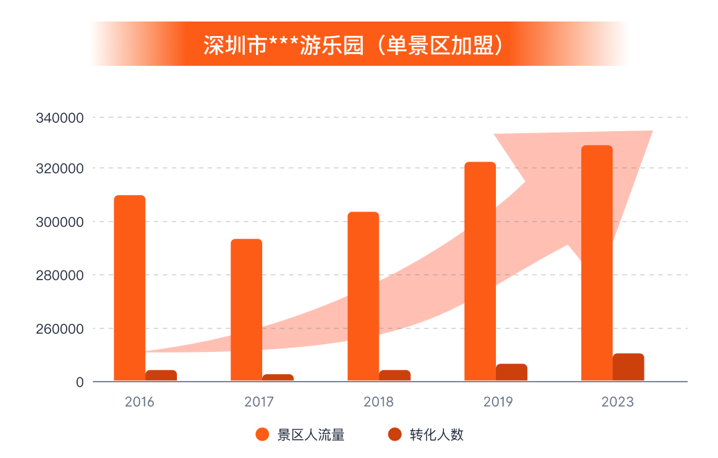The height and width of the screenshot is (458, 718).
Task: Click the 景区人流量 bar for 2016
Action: pos(130,288)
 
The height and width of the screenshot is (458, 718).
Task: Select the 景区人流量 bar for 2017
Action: pos(246,309)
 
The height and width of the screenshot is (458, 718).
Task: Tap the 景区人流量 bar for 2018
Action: pos(363,296)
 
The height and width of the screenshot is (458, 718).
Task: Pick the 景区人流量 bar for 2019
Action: pos(480,271)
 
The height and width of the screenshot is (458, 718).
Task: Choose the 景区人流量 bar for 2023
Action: pos(597,263)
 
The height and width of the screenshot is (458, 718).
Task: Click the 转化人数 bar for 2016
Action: pos(161,375)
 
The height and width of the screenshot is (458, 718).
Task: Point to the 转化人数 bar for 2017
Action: pos(277,378)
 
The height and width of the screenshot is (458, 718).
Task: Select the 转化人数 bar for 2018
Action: pos(395,375)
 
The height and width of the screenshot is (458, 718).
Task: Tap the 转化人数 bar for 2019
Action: pos(511,373)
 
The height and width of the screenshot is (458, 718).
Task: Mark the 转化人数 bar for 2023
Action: pos(628,367)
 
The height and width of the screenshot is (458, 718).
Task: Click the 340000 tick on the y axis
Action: pos(60,118)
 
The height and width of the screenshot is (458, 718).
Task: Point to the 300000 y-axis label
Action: pos(60,222)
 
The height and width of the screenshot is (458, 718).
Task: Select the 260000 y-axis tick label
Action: pos(60,329)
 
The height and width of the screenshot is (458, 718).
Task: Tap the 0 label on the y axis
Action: pos(80,382)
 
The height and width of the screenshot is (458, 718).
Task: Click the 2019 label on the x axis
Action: pos(497,402)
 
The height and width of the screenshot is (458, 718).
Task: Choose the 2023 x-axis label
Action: pos(617,402)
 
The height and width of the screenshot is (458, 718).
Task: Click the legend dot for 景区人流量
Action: pos(262,435)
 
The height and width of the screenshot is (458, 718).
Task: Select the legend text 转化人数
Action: pos(436,435)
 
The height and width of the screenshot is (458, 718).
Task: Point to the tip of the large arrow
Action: pos(651,132)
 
